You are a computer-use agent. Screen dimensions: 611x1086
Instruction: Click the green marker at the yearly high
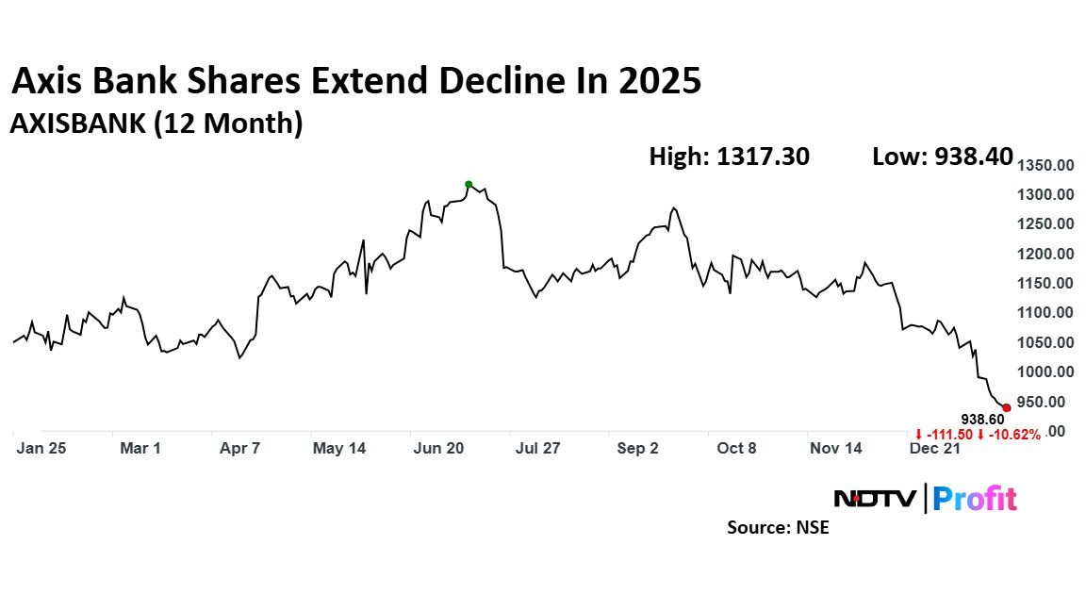click(x=469, y=185)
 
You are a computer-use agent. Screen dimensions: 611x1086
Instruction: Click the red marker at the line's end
click(x=1007, y=407)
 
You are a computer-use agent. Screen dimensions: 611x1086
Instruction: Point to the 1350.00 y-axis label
click(x=1047, y=165)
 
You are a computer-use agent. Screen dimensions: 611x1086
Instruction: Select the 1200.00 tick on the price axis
click(x=1047, y=254)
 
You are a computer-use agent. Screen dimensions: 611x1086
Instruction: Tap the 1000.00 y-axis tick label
click(x=1047, y=372)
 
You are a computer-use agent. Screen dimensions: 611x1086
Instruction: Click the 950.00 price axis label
click(x=1047, y=402)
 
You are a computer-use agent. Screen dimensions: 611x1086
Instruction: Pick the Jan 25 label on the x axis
click(x=41, y=449)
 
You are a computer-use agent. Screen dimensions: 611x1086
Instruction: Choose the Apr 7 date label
click(x=239, y=449)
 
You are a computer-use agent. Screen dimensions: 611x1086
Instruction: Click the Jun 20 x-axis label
click(x=438, y=449)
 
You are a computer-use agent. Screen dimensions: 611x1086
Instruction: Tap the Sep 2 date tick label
click(x=637, y=449)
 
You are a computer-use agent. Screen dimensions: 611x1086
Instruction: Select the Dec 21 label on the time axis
click(x=936, y=449)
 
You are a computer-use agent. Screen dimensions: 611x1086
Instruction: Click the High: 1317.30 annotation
click(x=729, y=157)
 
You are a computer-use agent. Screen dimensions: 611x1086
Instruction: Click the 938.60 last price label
click(x=982, y=419)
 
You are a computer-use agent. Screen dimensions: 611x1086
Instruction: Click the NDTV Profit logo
click(x=926, y=498)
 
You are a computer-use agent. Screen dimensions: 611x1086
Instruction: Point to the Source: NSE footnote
click(x=778, y=528)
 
